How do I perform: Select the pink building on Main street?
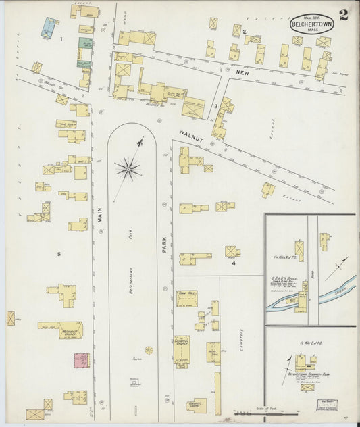coord(81,360)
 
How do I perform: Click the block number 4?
coord(233,263)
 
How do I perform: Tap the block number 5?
coord(59,253)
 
